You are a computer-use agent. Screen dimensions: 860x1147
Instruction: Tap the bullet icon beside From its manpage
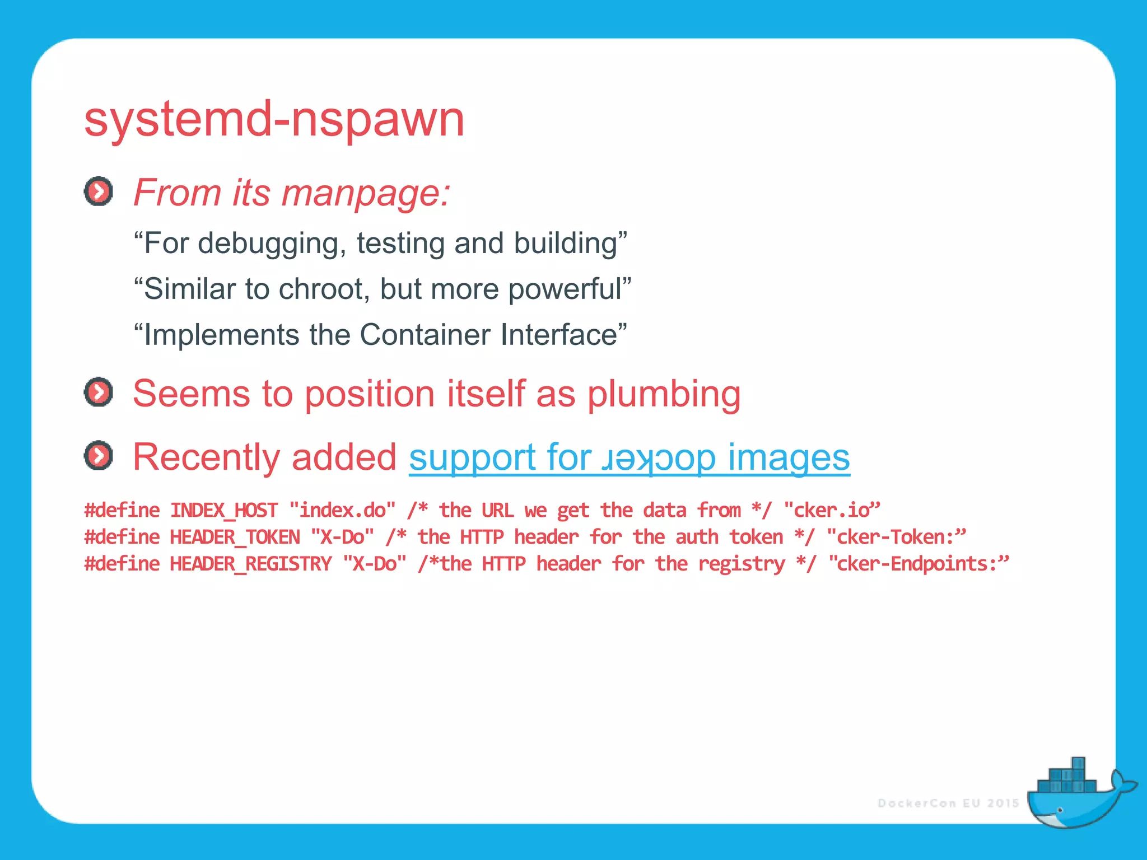[x=99, y=191]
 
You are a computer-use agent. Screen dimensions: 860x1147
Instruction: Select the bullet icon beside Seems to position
[x=99, y=392]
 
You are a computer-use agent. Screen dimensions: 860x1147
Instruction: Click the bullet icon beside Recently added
[x=99, y=455]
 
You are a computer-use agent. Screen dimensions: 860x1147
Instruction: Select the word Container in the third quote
[x=426, y=335]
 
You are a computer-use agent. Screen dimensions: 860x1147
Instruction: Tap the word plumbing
[x=664, y=394]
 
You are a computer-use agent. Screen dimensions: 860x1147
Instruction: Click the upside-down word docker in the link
[x=658, y=458]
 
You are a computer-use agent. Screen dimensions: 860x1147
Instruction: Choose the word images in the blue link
[x=789, y=457]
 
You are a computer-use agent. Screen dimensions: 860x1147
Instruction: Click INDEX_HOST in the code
[x=223, y=510]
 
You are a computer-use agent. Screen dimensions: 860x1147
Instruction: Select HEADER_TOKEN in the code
[x=235, y=537]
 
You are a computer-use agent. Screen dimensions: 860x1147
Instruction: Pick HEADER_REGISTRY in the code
[x=250, y=564]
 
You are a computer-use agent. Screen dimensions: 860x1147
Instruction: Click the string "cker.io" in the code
[x=832, y=510]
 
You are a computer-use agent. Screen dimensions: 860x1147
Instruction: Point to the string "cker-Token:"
[x=896, y=537]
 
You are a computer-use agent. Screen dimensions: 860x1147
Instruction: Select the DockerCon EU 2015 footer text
[x=948, y=803]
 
